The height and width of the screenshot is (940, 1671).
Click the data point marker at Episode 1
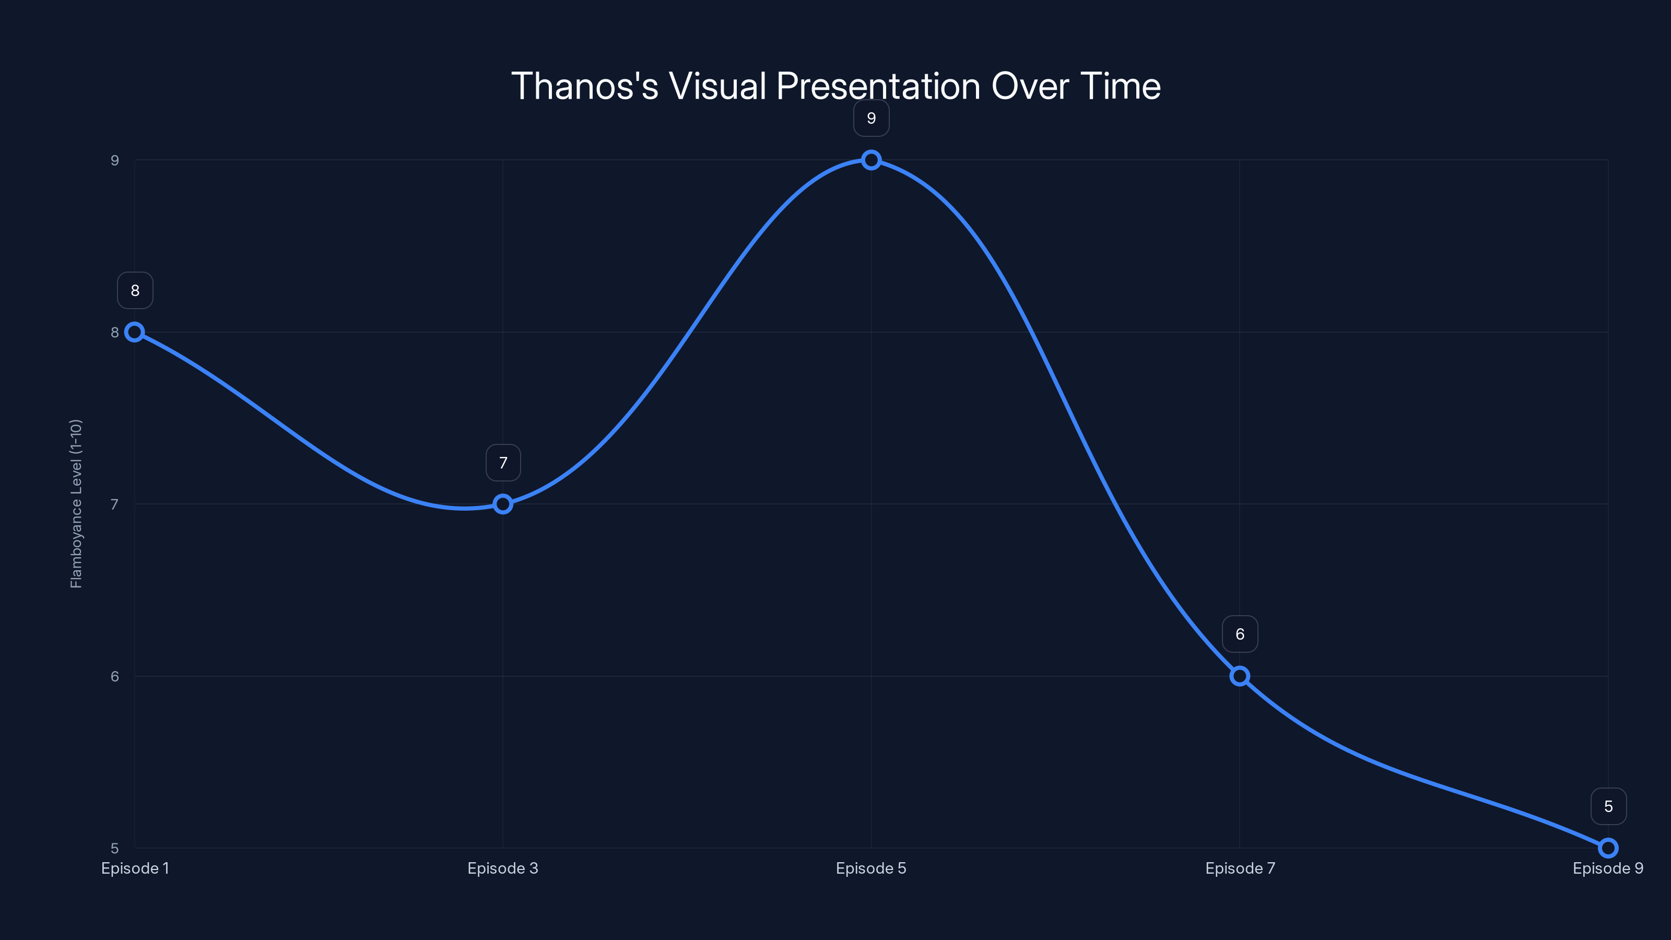134,332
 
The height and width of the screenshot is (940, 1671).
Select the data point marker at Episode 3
503,504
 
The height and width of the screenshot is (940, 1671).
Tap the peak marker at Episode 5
871,160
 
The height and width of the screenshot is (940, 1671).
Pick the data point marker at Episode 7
1240,676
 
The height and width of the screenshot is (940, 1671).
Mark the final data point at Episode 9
1608,848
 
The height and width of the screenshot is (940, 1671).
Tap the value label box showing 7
503,463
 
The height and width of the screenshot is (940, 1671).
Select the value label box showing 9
871,118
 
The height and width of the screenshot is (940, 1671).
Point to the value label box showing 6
1240,634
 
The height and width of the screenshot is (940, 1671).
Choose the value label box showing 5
1608,806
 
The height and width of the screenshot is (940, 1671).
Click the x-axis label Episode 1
135,868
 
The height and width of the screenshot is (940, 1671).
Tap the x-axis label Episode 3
503,868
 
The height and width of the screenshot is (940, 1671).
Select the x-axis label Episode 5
871,868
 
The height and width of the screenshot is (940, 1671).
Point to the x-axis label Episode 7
1240,868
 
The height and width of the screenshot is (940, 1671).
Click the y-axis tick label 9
115,160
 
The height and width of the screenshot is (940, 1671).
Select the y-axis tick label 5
115,849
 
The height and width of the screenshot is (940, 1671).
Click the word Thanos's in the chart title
584,86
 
